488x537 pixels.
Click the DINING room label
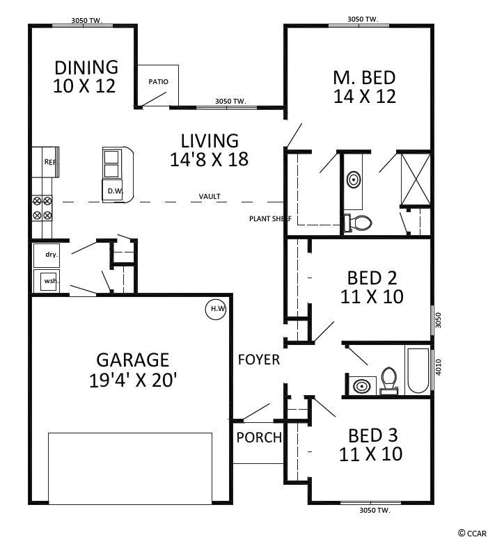pyautogui.click(x=86, y=67)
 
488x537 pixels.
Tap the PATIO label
pyautogui.click(x=158, y=82)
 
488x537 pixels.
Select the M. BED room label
pyautogui.click(x=364, y=78)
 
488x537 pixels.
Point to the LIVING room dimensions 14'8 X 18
pyautogui.click(x=210, y=159)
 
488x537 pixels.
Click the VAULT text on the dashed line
pyautogui.click(x=210, y=196)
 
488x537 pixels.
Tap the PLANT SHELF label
pyautogui.click(x=270, y=218)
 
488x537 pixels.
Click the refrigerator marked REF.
pyautogui.click(x=45, y=162)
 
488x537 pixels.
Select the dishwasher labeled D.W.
pyautogui.click(x=112, y=191)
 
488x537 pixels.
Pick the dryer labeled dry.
pyautogui.click(x=47, y=255)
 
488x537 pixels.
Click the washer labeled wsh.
pyautogui.click(x=47, y=280)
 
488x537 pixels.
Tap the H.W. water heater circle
pyautogui.click(x=216, y=310)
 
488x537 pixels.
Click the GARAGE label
pyautogui.click(x=133, y=360)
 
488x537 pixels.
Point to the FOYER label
pyautogui.click(x=259, y=360)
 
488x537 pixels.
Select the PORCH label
pyautogui.click(x=259, y=438)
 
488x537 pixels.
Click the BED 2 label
pyautogui.click(x=372, y=278)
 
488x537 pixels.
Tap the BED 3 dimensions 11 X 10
pyautogui.click(x=371, y=454)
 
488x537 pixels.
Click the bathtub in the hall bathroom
pyautogui.click(x=418, y=370)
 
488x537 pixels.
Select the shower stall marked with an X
pyautogui.click(x=416, y=179)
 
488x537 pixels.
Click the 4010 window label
pyautogui.click(x=439, y=367)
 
